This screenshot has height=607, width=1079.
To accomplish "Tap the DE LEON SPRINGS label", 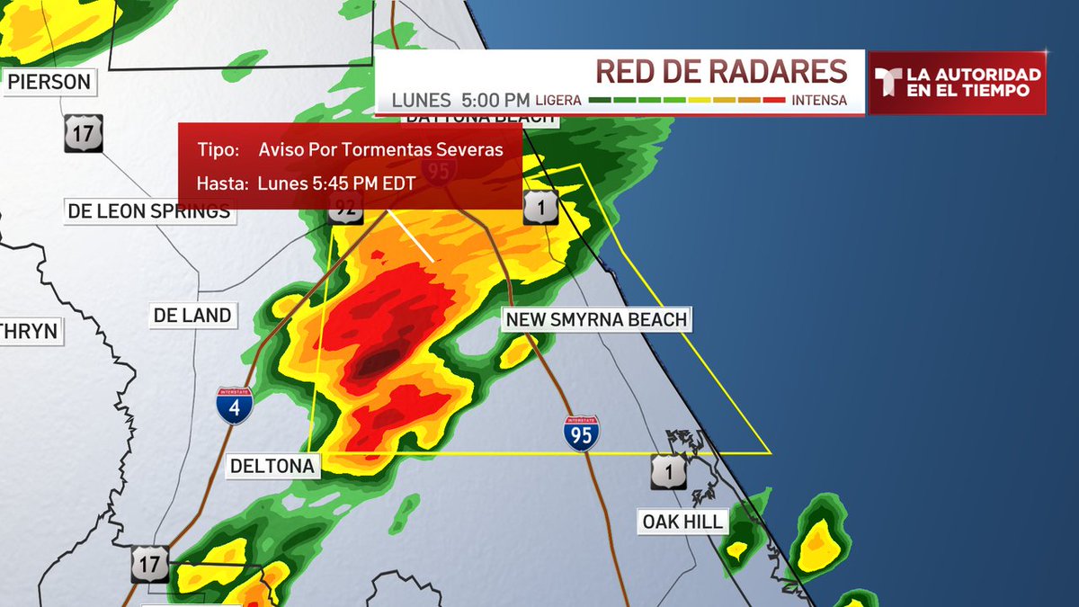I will click(x=148, y=212).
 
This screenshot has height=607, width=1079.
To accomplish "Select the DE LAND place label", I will click(x=192, y=316).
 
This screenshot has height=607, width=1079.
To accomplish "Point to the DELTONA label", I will click(x=272, y=466).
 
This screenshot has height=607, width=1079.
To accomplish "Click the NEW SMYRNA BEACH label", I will click(x=596, y=319).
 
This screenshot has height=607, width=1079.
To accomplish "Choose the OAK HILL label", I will click(x=682, y=522).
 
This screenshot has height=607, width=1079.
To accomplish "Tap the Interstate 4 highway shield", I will click(x=234, y=406).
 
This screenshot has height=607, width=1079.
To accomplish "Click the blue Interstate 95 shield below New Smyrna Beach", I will click(x=582, y=433).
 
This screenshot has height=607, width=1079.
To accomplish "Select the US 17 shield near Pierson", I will click(x=83, y=132).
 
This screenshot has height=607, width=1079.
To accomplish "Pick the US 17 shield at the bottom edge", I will click(x=149, y=564).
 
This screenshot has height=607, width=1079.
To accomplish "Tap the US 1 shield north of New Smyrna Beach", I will click(x=540, y=207).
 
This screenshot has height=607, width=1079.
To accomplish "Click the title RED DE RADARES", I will click(x=721, y=71).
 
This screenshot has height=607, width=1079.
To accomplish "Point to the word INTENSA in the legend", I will click(x=819, y=100).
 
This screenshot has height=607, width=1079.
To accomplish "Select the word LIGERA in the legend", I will click(x=558, y=100).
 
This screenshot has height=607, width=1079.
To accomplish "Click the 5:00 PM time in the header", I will click(x=495, y=99).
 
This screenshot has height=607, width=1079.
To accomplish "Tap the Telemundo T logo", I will click(x=888, y=83).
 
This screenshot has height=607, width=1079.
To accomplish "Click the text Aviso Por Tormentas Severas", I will click(x=380, y=149).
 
